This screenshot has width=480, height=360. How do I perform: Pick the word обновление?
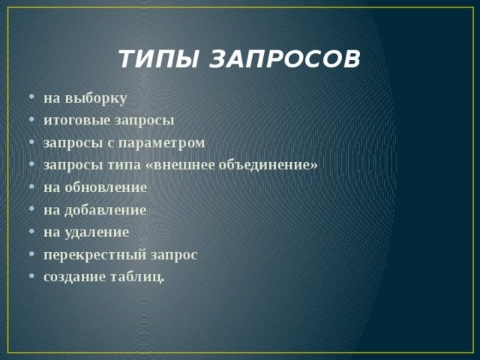(x=106, y=187)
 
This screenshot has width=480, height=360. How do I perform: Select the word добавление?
(x=106, y=210)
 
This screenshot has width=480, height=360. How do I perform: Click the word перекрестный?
(x=94, y=255)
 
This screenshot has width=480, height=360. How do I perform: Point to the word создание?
(x=73, y=277)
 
